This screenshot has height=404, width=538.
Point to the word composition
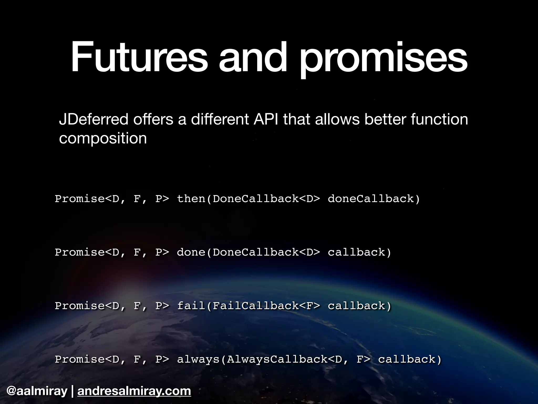coord(103,138)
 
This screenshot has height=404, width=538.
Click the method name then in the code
coord(191,199)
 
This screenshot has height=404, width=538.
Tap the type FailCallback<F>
coord(266,306)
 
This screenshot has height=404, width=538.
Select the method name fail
coord(191,306)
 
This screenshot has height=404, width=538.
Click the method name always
coord(198,359)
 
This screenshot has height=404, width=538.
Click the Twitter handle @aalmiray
coord(37,391)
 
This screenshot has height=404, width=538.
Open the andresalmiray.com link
coord(134,391)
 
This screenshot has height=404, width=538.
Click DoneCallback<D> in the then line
coord(266,199)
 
